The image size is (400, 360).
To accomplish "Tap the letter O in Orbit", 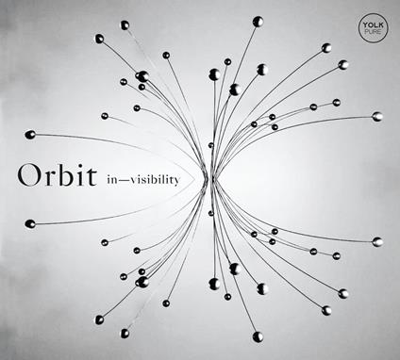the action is [28, 176].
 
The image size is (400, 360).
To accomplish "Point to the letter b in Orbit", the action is [66, 175].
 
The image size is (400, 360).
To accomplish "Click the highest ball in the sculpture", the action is [258, 21].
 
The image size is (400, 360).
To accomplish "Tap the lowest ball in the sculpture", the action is [258, 335].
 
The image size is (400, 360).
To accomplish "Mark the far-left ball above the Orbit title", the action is [30, 134].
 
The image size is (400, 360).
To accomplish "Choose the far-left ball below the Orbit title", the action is [30, 223].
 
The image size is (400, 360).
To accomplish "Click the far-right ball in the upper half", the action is [377, 116].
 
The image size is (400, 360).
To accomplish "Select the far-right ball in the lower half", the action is [377, 242].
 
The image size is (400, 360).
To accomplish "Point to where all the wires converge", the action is [211, 178].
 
